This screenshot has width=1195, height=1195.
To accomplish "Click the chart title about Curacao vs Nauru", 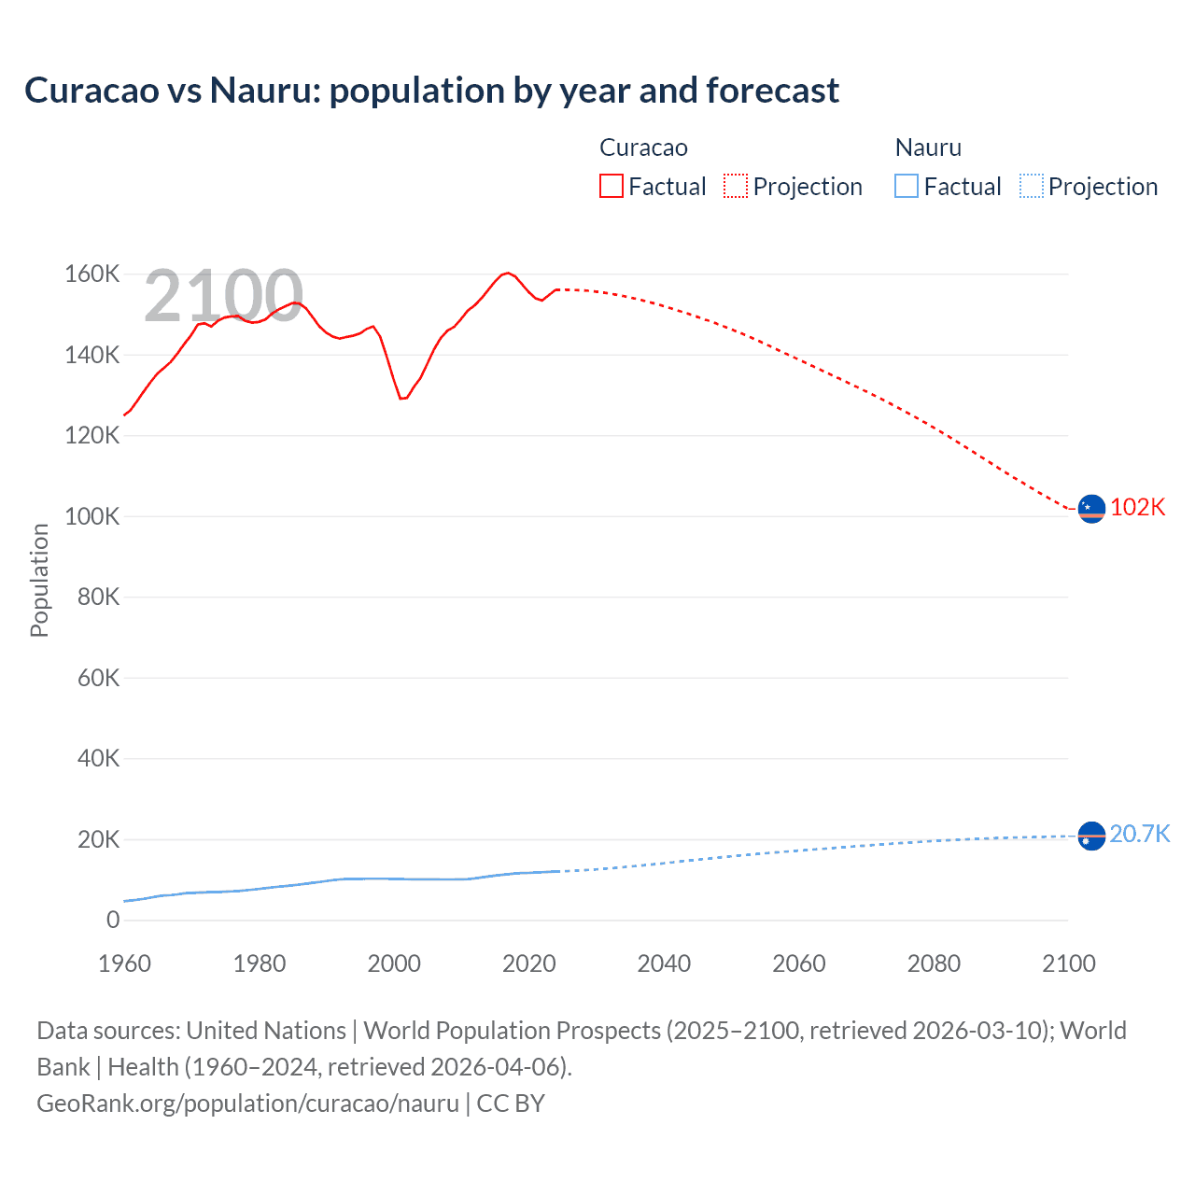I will click(x=431, y=91).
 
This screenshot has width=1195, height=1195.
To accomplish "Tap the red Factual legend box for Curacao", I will click(x=611, y=186).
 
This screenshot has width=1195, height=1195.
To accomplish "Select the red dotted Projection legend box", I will click(x=736, y=186).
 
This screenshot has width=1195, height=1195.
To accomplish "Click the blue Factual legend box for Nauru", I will click(x=906, y=186).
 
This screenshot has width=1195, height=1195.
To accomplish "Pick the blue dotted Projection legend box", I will click(x=1031, y=186).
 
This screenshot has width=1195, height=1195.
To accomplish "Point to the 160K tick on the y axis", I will click(x=91, y=274).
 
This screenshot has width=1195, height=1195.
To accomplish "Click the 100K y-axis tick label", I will click(x=91, y=516).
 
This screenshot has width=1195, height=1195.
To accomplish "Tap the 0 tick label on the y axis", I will click(x=113, y=920).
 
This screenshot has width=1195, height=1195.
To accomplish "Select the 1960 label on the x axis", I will click(x=124, y=963).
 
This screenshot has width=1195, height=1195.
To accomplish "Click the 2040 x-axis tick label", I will click(x=664, y=963).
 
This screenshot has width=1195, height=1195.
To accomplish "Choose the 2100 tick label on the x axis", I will click(x=1068, y=963).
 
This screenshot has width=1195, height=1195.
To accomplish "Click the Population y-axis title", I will click(x=39, y=580).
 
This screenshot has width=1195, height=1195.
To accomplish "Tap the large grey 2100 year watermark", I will click(x=223, y=296).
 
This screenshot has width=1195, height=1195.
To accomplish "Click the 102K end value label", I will click(x=1137, y=507).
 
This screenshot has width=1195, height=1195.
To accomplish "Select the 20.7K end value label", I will click(x=1139, y=834).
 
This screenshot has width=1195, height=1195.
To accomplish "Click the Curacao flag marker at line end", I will click(x=1091, y=509).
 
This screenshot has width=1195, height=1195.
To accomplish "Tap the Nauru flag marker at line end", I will click(x=1091, y=836).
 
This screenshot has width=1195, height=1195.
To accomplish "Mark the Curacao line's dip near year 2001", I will click(x=402, y=399).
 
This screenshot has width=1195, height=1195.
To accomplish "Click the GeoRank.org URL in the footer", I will click(x=247, y=1104).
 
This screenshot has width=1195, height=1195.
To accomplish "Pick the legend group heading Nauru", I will click(x=928, y=148).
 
